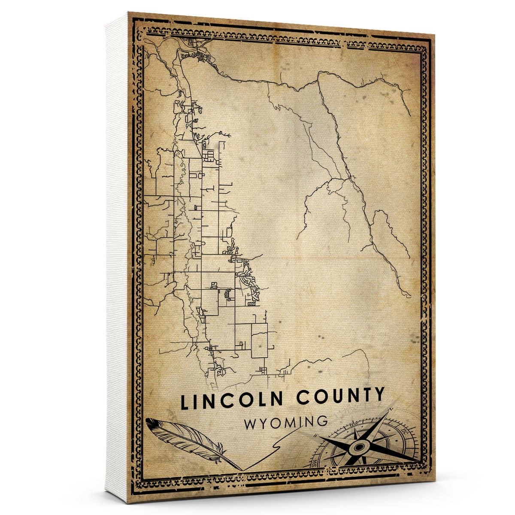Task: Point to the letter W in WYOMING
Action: click(251, 423)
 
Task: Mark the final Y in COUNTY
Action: click(379, 395)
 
